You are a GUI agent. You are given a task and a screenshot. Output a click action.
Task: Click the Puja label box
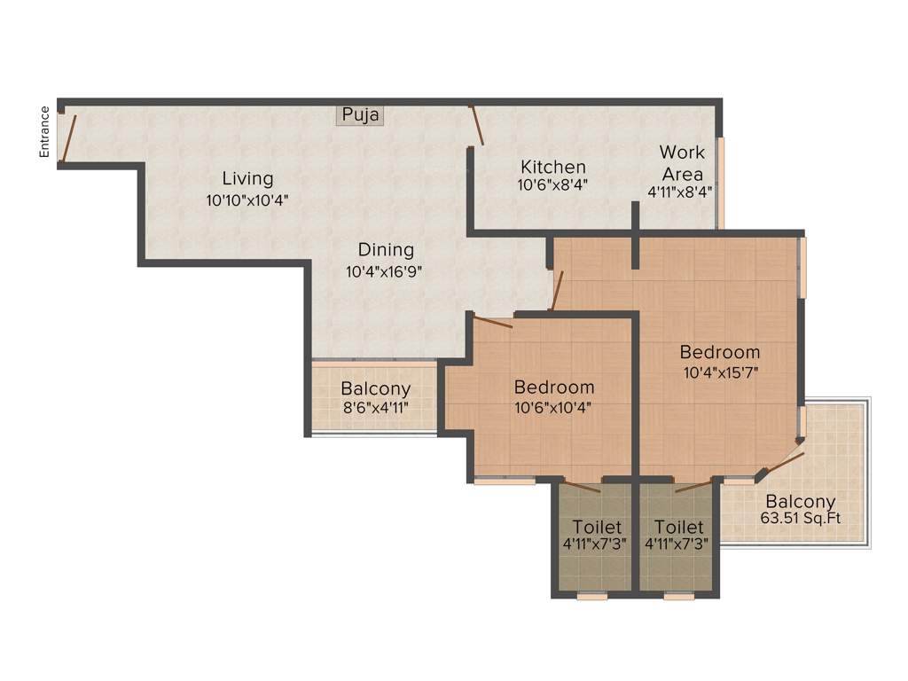pos(360,115)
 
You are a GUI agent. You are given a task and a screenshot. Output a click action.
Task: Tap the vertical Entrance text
pos(44,132)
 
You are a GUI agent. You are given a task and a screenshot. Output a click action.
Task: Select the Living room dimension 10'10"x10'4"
pos(247,200)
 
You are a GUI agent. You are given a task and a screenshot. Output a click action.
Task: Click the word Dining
pos(386,250)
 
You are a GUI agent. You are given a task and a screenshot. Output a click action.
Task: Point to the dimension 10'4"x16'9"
pos(383,272)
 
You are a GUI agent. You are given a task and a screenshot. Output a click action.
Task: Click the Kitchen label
pos(552,167)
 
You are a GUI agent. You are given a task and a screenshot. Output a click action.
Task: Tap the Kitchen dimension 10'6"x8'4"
pos(552,185)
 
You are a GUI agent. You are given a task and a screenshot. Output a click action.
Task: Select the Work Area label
pos(681,162)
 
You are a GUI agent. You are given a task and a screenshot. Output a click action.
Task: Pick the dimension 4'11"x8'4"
pos(680,190)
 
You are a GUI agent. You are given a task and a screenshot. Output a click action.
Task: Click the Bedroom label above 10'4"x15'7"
pos(720,352)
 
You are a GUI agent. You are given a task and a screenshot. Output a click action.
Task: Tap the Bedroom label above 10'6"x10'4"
pos(554,387)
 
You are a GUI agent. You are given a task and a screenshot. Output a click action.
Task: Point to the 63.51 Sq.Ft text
pos(800,519)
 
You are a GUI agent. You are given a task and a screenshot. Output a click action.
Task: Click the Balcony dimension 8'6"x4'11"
pos(375,409)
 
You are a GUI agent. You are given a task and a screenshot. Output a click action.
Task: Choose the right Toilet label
pos(679,527)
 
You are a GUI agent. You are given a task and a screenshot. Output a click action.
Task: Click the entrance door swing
pos(68,137)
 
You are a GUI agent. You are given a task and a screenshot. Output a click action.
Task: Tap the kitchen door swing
pos(476,125)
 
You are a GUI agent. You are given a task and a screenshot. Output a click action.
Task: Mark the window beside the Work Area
pos(720,183)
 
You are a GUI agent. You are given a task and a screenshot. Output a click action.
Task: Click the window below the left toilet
pos(592,597)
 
